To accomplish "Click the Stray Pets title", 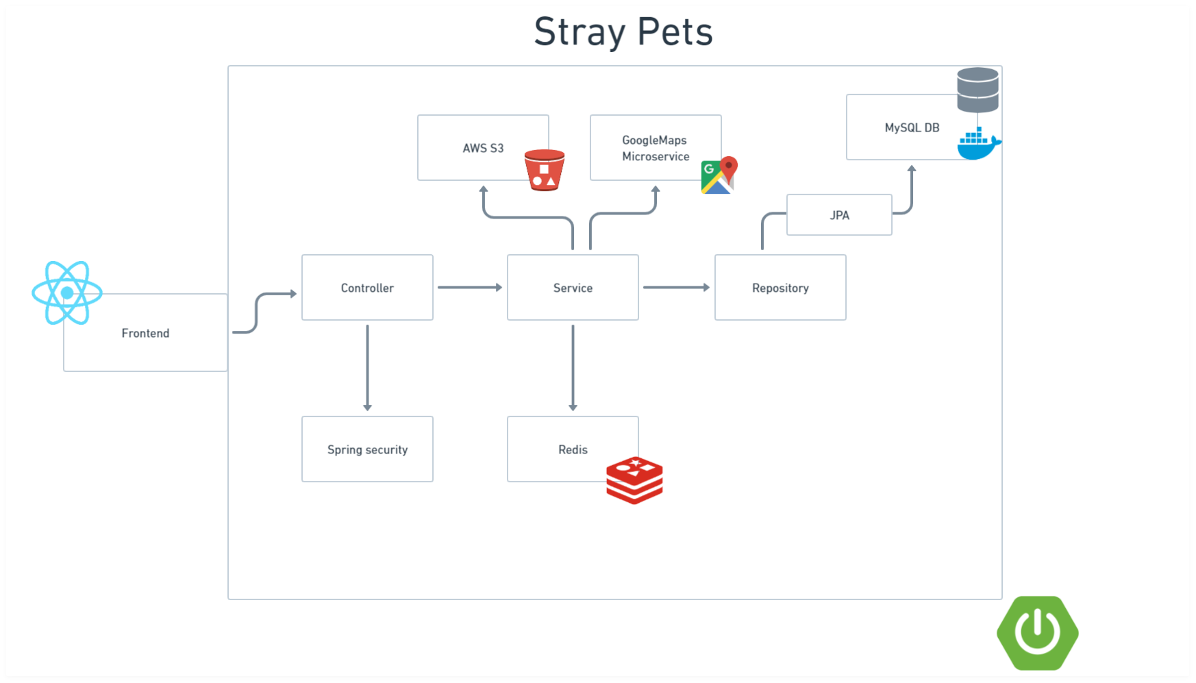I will [623, 32].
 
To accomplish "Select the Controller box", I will [367, 288].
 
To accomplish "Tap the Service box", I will [573, 288].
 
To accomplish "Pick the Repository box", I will [780, 288].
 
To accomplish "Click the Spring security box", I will [367, 449].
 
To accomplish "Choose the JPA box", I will [839, 215].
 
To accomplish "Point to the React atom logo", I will [67, 293].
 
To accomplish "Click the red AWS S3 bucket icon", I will [545, 170].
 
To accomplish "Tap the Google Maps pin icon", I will [719, 175].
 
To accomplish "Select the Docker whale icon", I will [977, 144].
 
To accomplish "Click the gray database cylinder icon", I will [977, 90].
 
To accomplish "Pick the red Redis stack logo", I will [634, 480].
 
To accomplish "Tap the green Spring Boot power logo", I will [1037, 632].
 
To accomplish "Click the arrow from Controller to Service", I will [469, 288].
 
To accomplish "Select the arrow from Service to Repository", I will [675, 288].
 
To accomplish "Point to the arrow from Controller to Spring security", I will [367, 367].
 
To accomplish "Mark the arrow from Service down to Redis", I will [573, 367].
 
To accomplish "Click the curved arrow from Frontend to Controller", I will [258, 312].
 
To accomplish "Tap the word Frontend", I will [145, 333].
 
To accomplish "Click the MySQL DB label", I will [912, 127].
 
